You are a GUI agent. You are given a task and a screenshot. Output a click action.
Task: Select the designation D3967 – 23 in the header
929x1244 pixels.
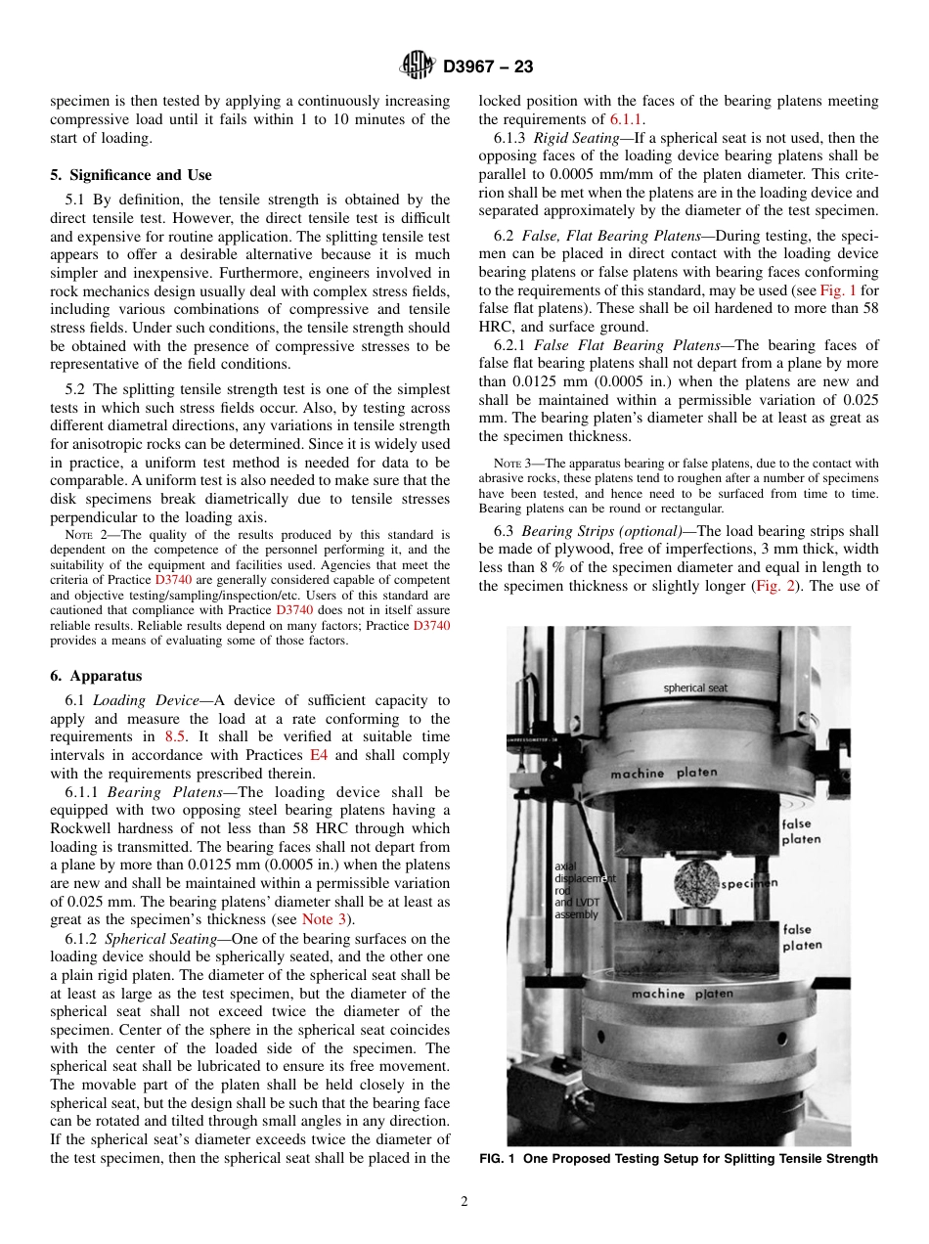coord(488,67)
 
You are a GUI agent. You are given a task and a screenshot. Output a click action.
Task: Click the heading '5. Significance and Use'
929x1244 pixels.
coord(131,175)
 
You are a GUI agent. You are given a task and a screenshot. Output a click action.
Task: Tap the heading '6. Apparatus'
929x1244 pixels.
coord(96,676)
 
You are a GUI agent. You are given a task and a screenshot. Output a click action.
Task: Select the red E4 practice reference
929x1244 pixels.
coord(319,755)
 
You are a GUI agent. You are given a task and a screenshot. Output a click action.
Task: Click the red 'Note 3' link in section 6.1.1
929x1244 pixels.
coord(323,919)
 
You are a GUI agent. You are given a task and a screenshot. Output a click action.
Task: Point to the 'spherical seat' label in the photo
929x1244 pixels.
coord(695,688)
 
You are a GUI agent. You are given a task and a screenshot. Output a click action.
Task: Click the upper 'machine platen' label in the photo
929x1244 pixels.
coord(664,773)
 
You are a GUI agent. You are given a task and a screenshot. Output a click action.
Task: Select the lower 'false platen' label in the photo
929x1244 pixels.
coord(802,938)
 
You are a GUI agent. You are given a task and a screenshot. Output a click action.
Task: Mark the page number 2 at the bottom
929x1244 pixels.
coord(464,1202)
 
